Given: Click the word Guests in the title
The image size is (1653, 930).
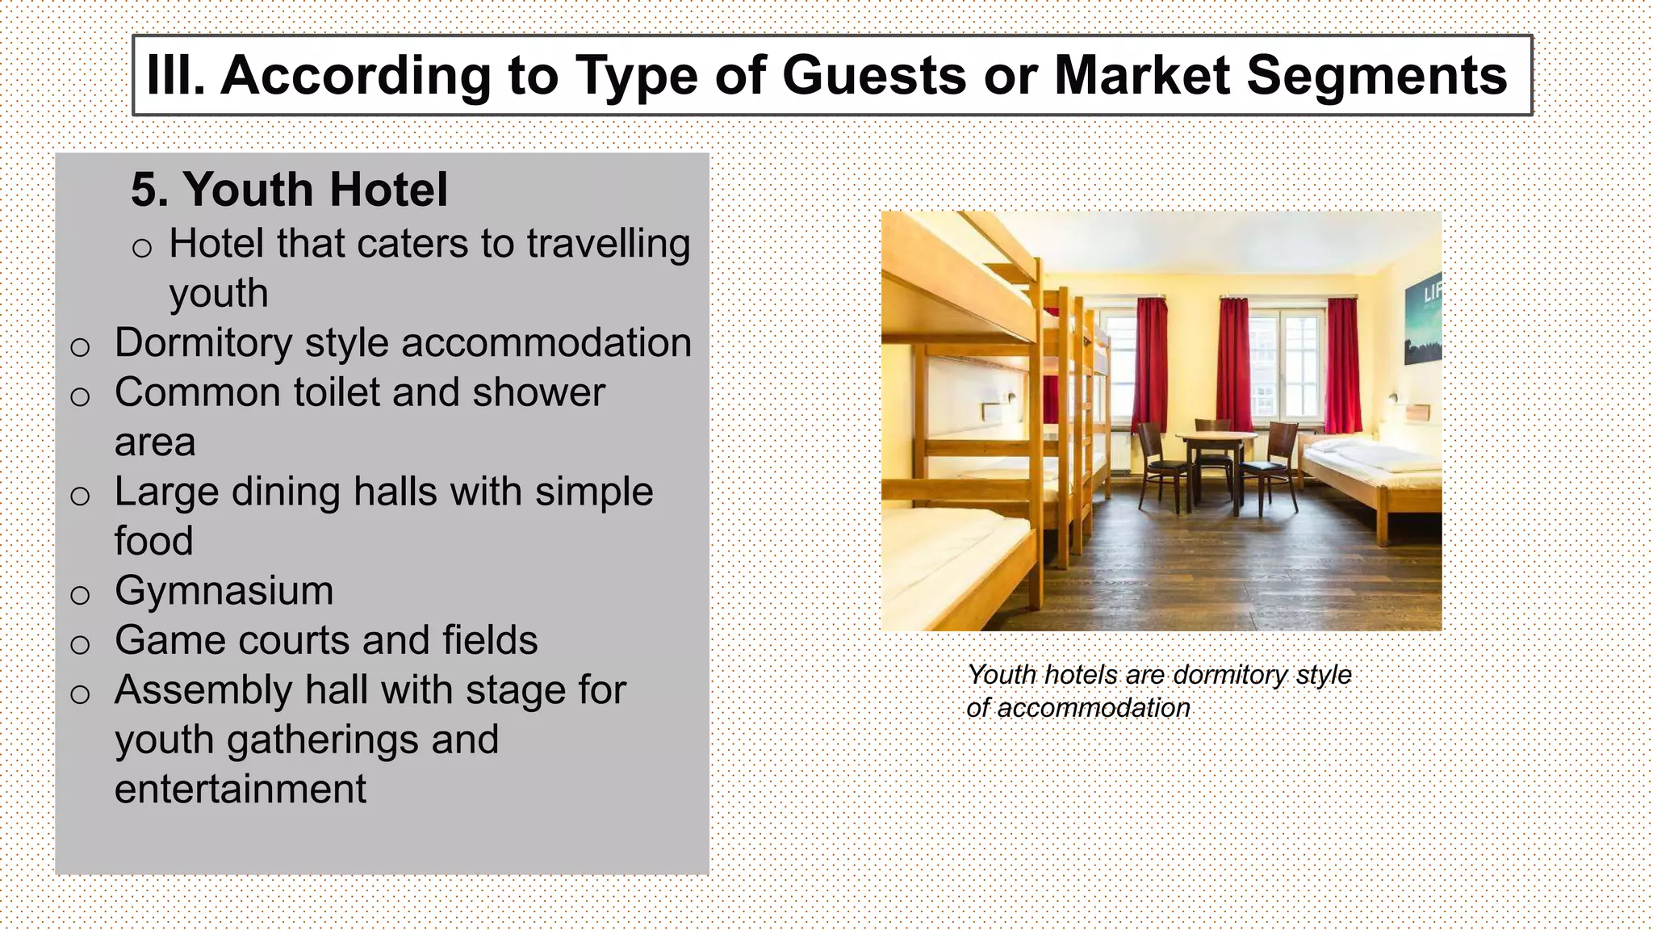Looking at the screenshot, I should [x=875, y=75].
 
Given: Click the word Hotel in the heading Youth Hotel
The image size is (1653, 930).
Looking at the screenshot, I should [x=388, y=191].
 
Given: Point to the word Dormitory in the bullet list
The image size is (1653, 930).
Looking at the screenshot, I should [x=203, y=344].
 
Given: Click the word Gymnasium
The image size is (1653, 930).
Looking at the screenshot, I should [x=224, y=591].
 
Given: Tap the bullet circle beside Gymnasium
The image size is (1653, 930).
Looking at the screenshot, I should [x=80, y=596].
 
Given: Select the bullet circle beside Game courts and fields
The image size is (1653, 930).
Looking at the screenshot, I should [x=80, y=645].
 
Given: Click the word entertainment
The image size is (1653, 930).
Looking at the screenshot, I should [x=241, y=790].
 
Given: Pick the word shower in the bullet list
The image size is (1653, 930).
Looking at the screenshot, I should [x=538, y=393].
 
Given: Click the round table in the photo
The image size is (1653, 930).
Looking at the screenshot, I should [x=1215, y=438].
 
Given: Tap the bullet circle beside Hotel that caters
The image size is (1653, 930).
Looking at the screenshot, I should [x=142, y=249].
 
